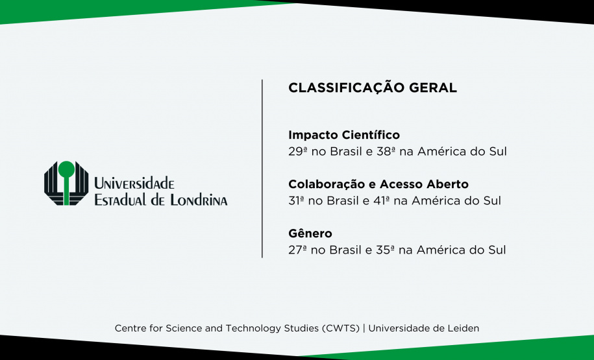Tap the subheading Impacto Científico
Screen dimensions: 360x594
coord(344,136)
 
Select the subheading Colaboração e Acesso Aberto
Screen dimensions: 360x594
coord(378,184)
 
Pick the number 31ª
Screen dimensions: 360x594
coord(297,200)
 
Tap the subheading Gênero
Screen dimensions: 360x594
coord(310,234)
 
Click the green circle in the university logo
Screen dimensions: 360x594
coord(66,170)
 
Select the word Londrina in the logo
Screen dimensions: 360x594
coord(199,200)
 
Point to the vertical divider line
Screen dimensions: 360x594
coord(262,169)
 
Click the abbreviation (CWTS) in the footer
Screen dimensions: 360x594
coord(340,328)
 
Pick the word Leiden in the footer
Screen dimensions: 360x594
coord(463,328)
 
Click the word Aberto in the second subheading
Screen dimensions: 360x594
coord(446,184)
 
